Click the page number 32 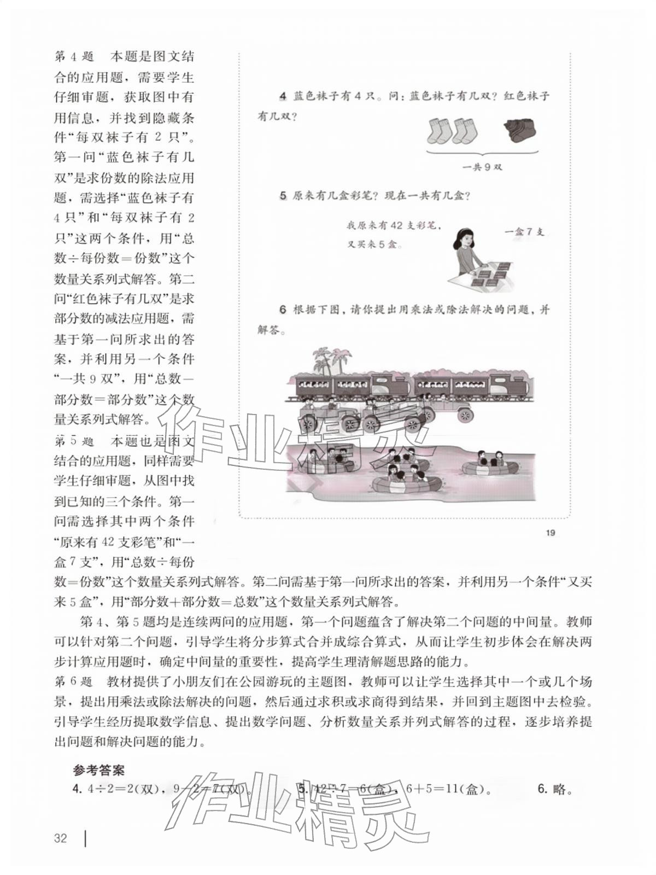pyautogui.click(x=60, y=838)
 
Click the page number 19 pyautogui.click(x=550, y=533)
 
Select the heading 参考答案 pyautogui.click(x=99, y=770)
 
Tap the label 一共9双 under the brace pyautogui.click(x=482, y=167)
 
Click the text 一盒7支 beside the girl pyautogui.click(x=524, y=232)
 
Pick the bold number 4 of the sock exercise pyautogui.click(x=283, y=97)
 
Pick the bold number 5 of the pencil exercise pyautogui.click(x=283, y=196)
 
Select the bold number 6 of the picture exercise pyautogui.click(x=283, y=310)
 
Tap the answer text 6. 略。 pyautogui.click(x=555, y=789)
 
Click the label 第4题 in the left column pyautogui.click(x=74, y=57)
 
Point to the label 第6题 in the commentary pyautogui.click(x=74, y=682)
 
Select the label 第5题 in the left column pyautogui.click(x=74, y=441)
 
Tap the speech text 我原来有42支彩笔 pyautogui.click(x=394, y=225)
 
